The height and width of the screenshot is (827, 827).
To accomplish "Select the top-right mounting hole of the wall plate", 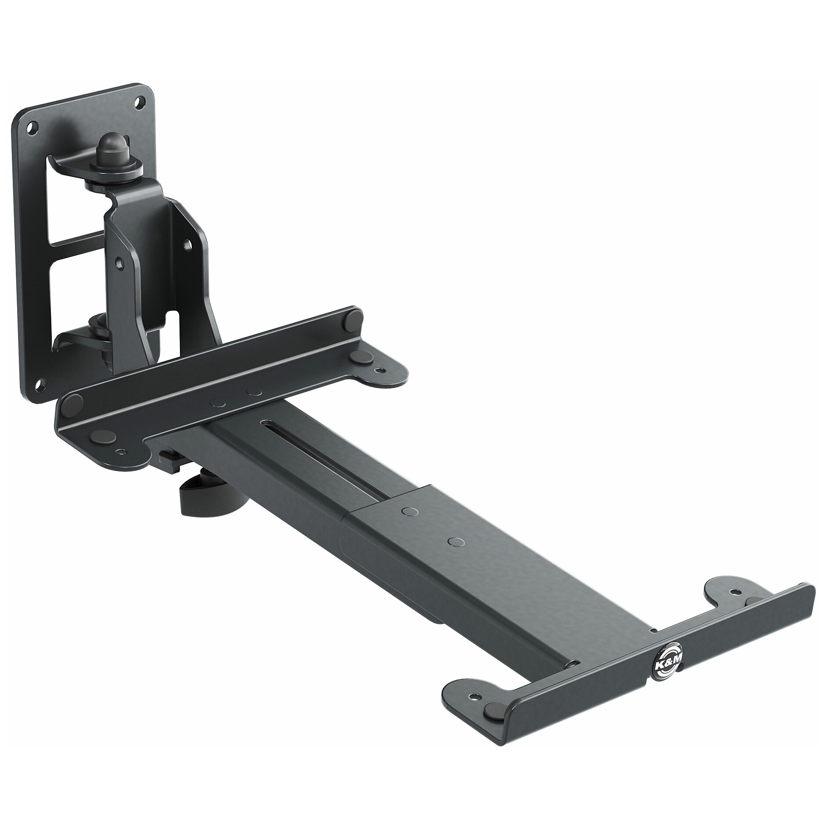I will coord(140,101).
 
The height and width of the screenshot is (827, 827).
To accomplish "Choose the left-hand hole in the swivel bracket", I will coord(117,260).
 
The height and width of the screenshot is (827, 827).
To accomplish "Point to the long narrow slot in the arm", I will coord(285,443).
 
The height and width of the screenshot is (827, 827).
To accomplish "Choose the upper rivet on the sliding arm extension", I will coord(410,511).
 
